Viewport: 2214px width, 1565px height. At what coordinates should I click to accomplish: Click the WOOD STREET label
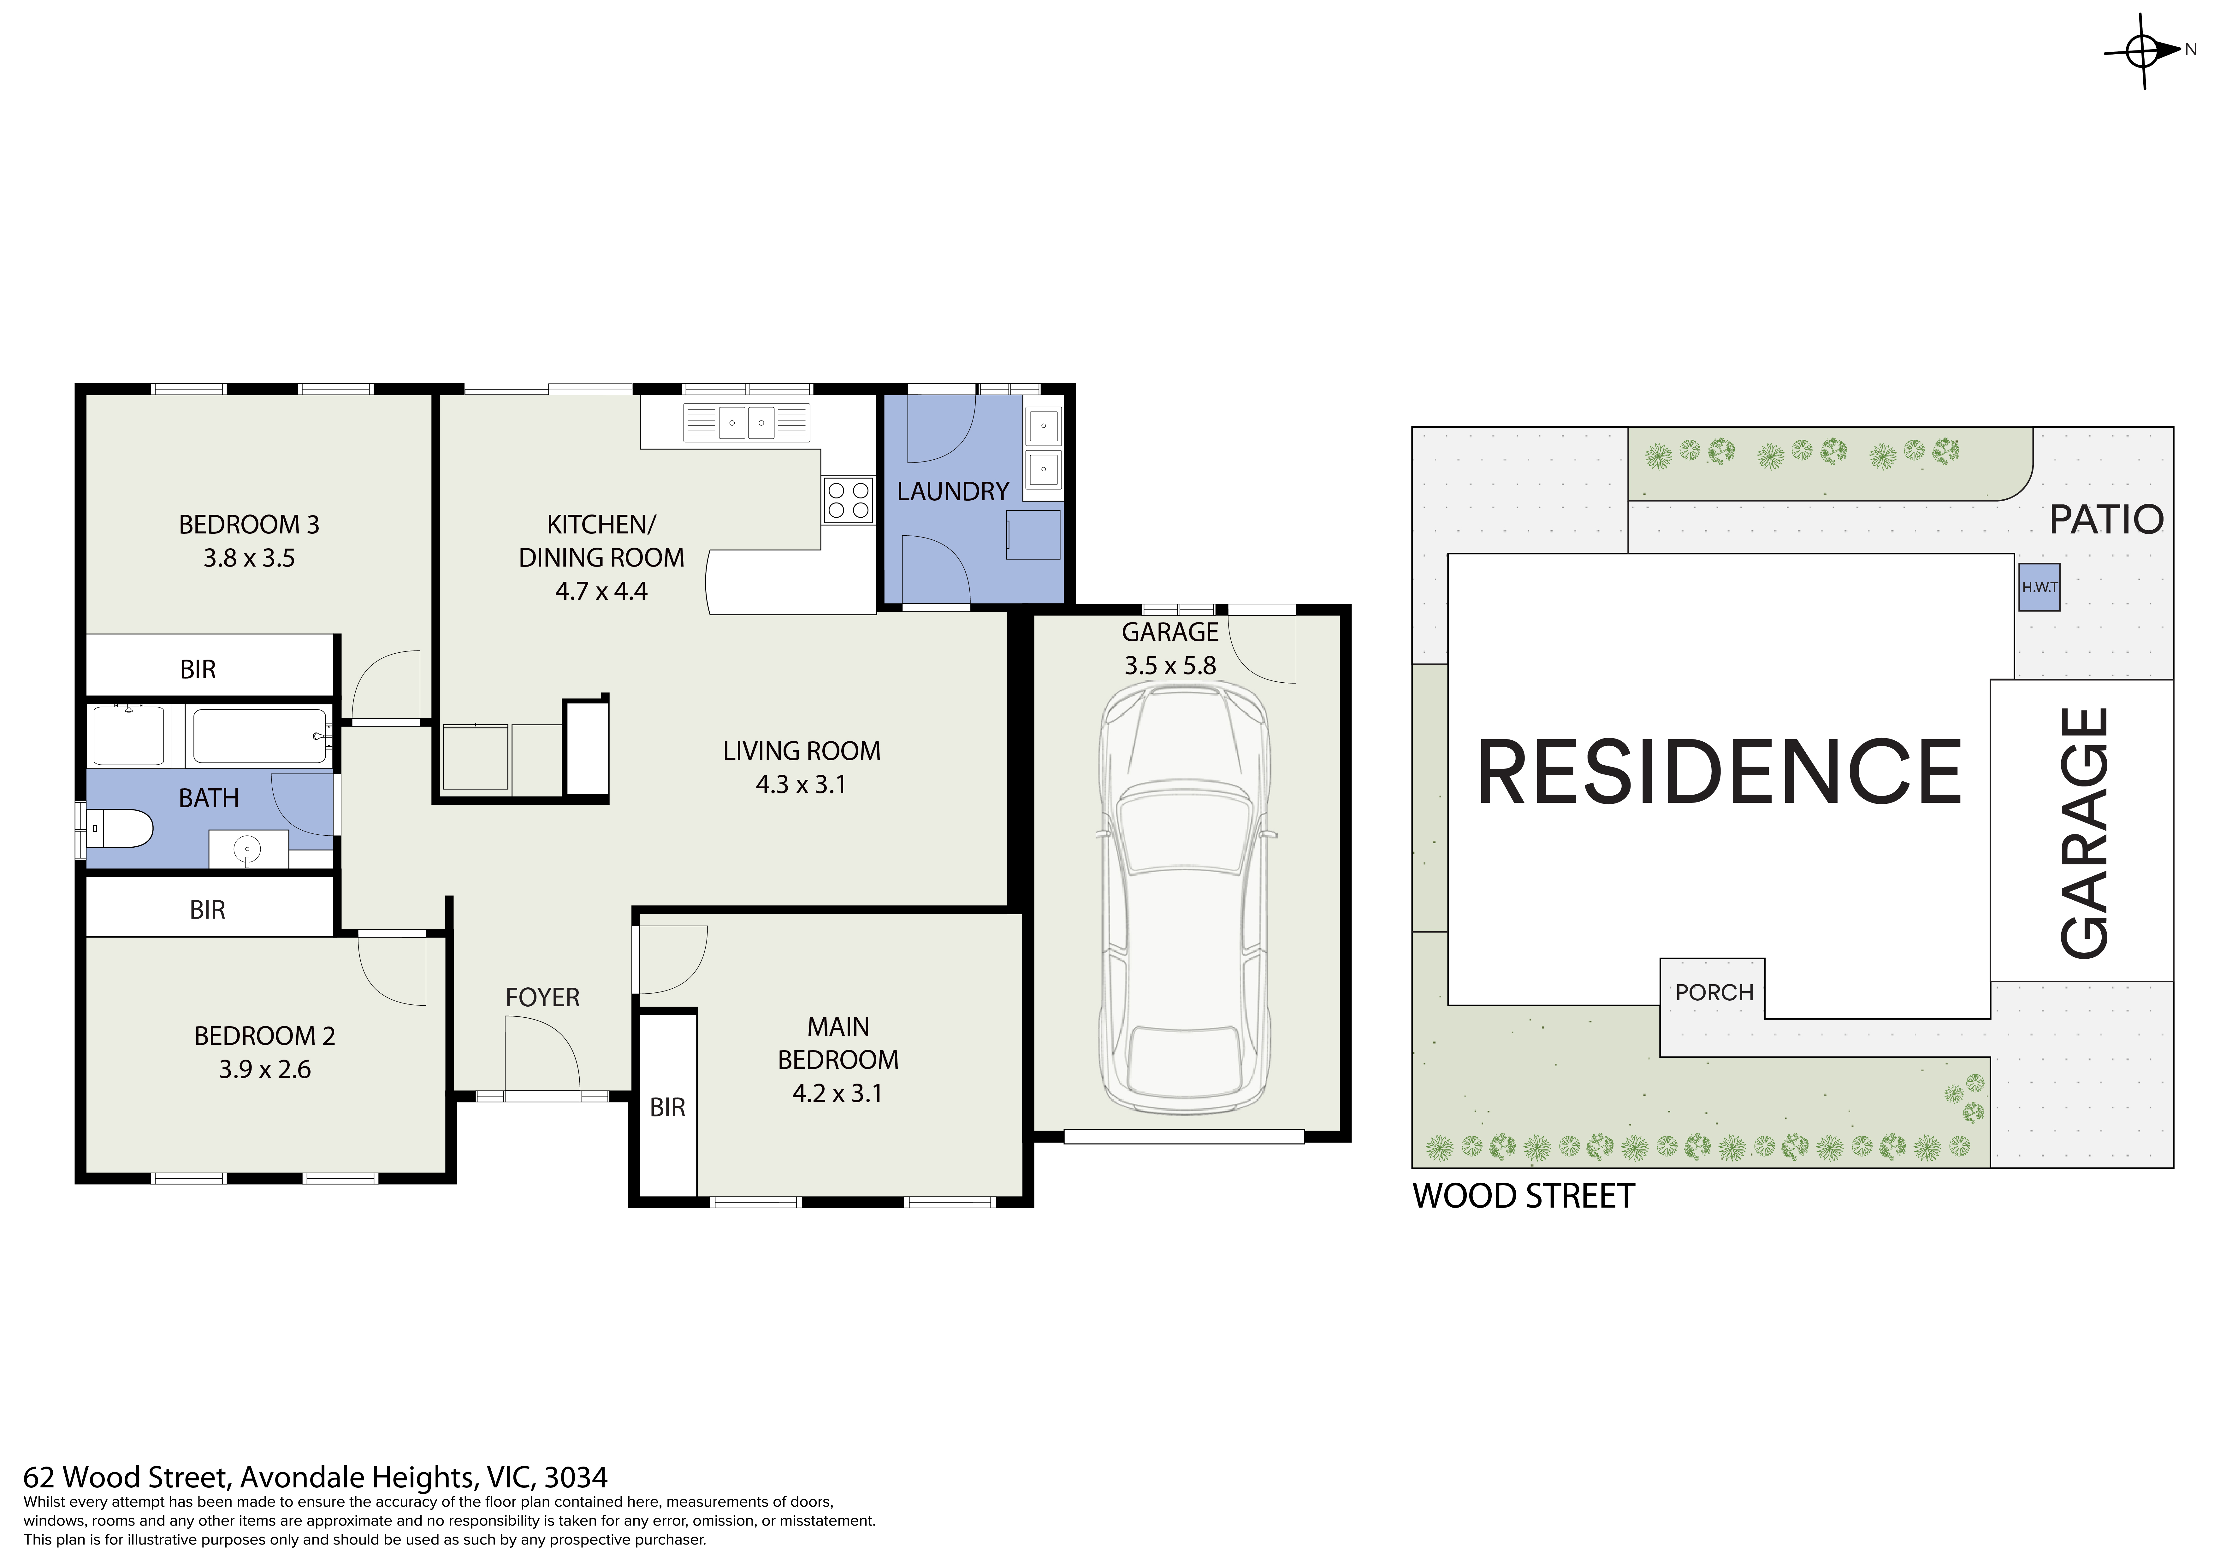(x=1524, y=1196)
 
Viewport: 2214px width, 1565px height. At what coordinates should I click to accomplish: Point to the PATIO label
(x=2106, y=520)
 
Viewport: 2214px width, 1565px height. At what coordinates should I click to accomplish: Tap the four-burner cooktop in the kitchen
(x=848, y=500)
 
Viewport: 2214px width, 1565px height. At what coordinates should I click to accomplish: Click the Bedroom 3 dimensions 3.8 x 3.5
(x=249, y=558)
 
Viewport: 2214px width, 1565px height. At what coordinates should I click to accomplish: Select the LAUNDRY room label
(x=953, y=492)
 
